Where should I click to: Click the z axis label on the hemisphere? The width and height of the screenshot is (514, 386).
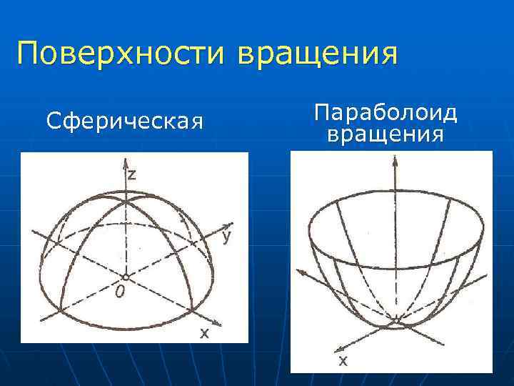click(x=133, y=174)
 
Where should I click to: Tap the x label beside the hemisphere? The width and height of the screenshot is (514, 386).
click(x=203, y=332)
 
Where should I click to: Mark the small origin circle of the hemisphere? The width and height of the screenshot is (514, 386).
click(x=125, y=276)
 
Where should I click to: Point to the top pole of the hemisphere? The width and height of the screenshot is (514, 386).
click(x=125, y=202)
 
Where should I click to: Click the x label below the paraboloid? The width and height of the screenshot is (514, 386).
click(x=343, y=362)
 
